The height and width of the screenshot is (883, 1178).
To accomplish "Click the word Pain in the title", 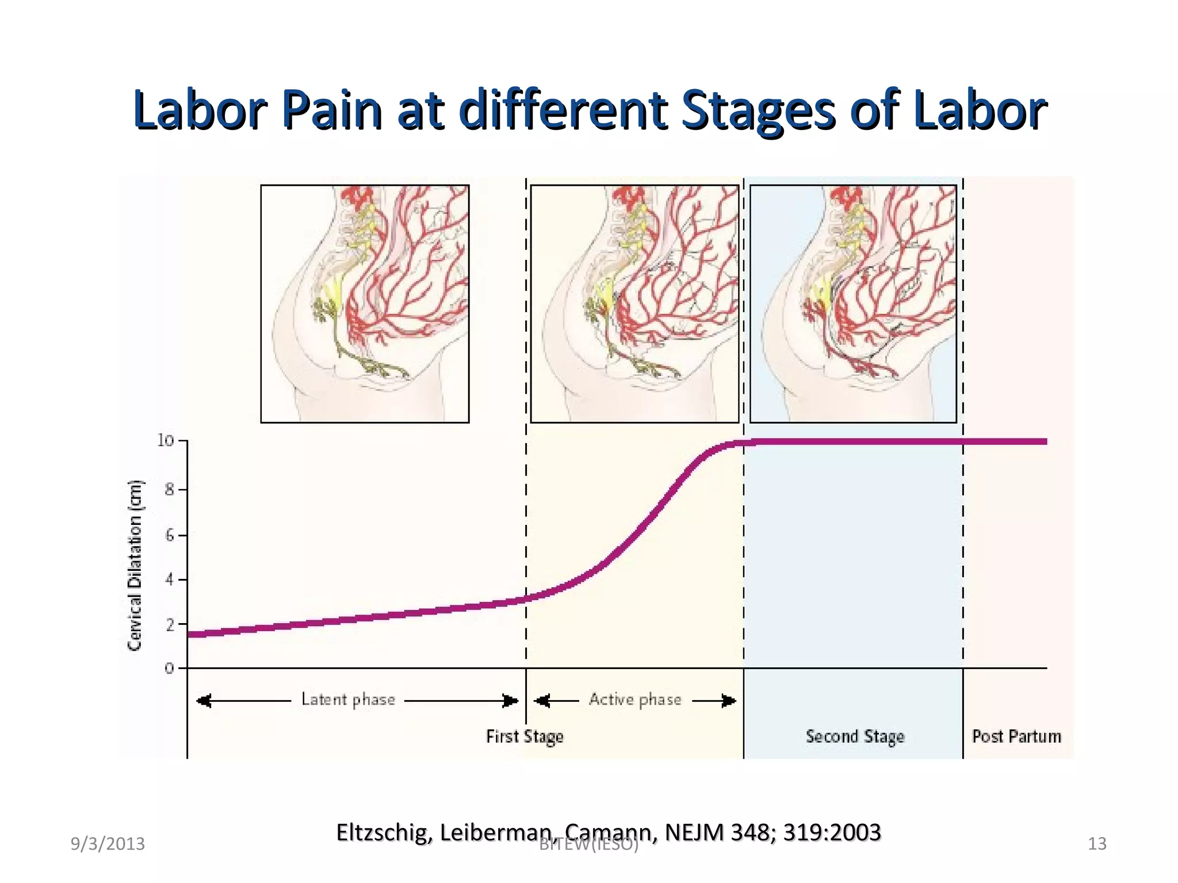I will point(332,109).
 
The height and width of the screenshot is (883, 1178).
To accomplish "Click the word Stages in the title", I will point(758,109).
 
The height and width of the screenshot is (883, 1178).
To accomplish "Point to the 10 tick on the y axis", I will point(166,441).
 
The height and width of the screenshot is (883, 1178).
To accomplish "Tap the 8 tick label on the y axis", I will point(169,490).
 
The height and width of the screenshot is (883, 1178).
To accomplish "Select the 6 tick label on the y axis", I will point(169,536).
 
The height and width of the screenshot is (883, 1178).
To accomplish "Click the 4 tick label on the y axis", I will point(169,579).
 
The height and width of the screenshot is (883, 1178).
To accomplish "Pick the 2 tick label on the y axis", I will point(169,624).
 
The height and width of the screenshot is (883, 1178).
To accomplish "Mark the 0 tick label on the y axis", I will point(169,669).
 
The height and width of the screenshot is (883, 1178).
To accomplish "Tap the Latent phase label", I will point(349,700).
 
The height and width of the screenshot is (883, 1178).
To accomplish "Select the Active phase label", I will point(635,700).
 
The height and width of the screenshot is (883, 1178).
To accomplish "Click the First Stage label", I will point(525,736).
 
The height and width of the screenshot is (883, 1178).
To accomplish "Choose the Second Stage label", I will point(855,736).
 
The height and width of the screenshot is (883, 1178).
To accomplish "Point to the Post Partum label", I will point(1016,736).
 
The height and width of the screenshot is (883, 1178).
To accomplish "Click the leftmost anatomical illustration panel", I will point(365,304).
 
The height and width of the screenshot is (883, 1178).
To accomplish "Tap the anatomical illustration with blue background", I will point(853,304).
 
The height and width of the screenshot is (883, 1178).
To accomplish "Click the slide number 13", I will point(1097,844).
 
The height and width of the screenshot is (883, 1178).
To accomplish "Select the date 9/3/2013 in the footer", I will point(108,844).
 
